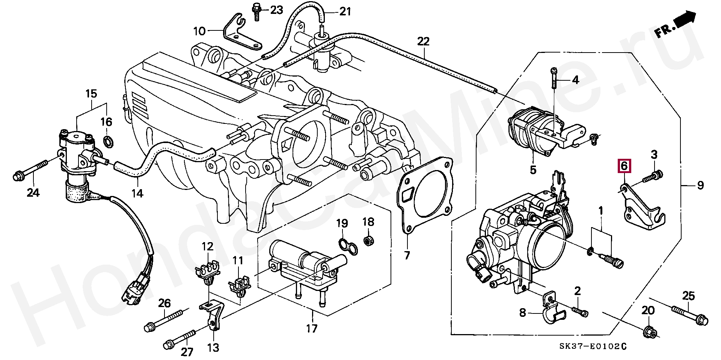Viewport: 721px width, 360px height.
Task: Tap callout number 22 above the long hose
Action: point(423,41)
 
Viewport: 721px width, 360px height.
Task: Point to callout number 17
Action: point(312,328)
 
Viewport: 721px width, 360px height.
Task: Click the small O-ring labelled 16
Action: point(108,142)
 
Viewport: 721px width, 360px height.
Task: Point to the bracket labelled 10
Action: point(242,33)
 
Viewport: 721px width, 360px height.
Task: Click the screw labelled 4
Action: point(555,83)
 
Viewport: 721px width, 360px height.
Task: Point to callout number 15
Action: point(91,94)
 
